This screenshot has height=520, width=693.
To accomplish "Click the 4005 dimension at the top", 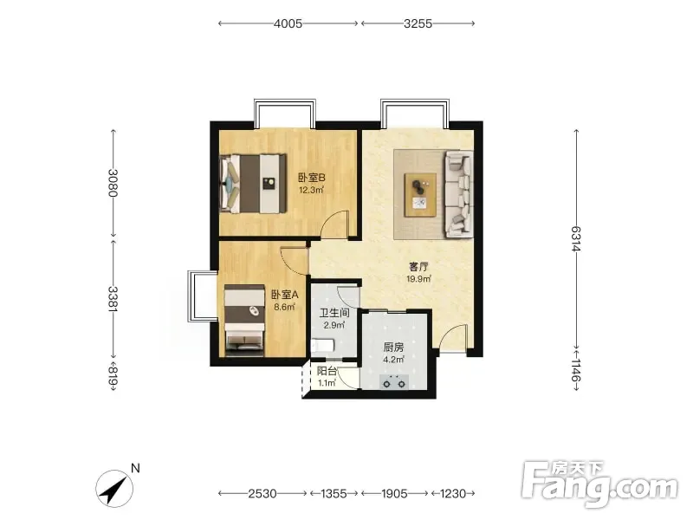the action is (x=288, y=23).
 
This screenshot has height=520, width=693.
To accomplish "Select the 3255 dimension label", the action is (x=418, y=23).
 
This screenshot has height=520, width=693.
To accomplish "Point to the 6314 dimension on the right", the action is (x=576, y=239).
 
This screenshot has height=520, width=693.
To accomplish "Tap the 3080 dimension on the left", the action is (x=113, y=183).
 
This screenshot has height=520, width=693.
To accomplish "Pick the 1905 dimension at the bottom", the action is (x=394, y=493).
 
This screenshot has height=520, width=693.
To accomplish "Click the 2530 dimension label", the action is (x=262, y=493).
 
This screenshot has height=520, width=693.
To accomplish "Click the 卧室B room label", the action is (x=312, y=178).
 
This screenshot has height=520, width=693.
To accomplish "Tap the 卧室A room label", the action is (x=285, y=295).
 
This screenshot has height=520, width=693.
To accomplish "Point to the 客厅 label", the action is (x=418, y=267).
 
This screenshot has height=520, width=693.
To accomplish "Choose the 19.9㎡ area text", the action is (x=418, y=279).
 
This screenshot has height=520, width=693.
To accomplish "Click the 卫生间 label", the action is (x=334, y=313).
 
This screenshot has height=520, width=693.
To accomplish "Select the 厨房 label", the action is (x=393, y=348).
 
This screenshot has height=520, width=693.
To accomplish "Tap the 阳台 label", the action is (x=327, y=372).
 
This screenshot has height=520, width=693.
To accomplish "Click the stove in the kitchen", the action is (x=394, y=382).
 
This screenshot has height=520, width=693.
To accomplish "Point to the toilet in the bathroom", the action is (x=322, y=345).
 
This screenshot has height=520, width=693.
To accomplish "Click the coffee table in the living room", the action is (x=420, y=195).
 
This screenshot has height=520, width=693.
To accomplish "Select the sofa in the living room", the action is (x=459, y=192).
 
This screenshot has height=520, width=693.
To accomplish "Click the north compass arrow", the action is (x=114, y=490).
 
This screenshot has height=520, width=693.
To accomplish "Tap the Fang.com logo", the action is (x=599, y=484).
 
